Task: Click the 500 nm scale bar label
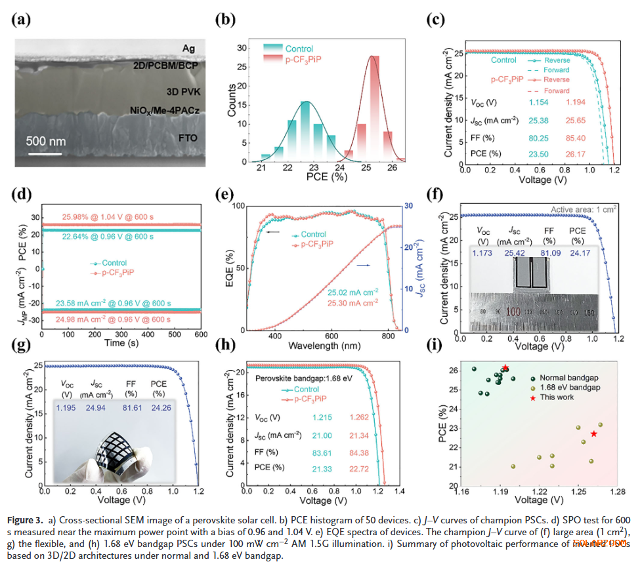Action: coord(47,140)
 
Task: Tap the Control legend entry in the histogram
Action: coord(299,48)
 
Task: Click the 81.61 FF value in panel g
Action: coord(131,408)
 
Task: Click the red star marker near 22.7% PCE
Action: coord(593,434)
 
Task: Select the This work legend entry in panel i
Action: coord(559,397)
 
